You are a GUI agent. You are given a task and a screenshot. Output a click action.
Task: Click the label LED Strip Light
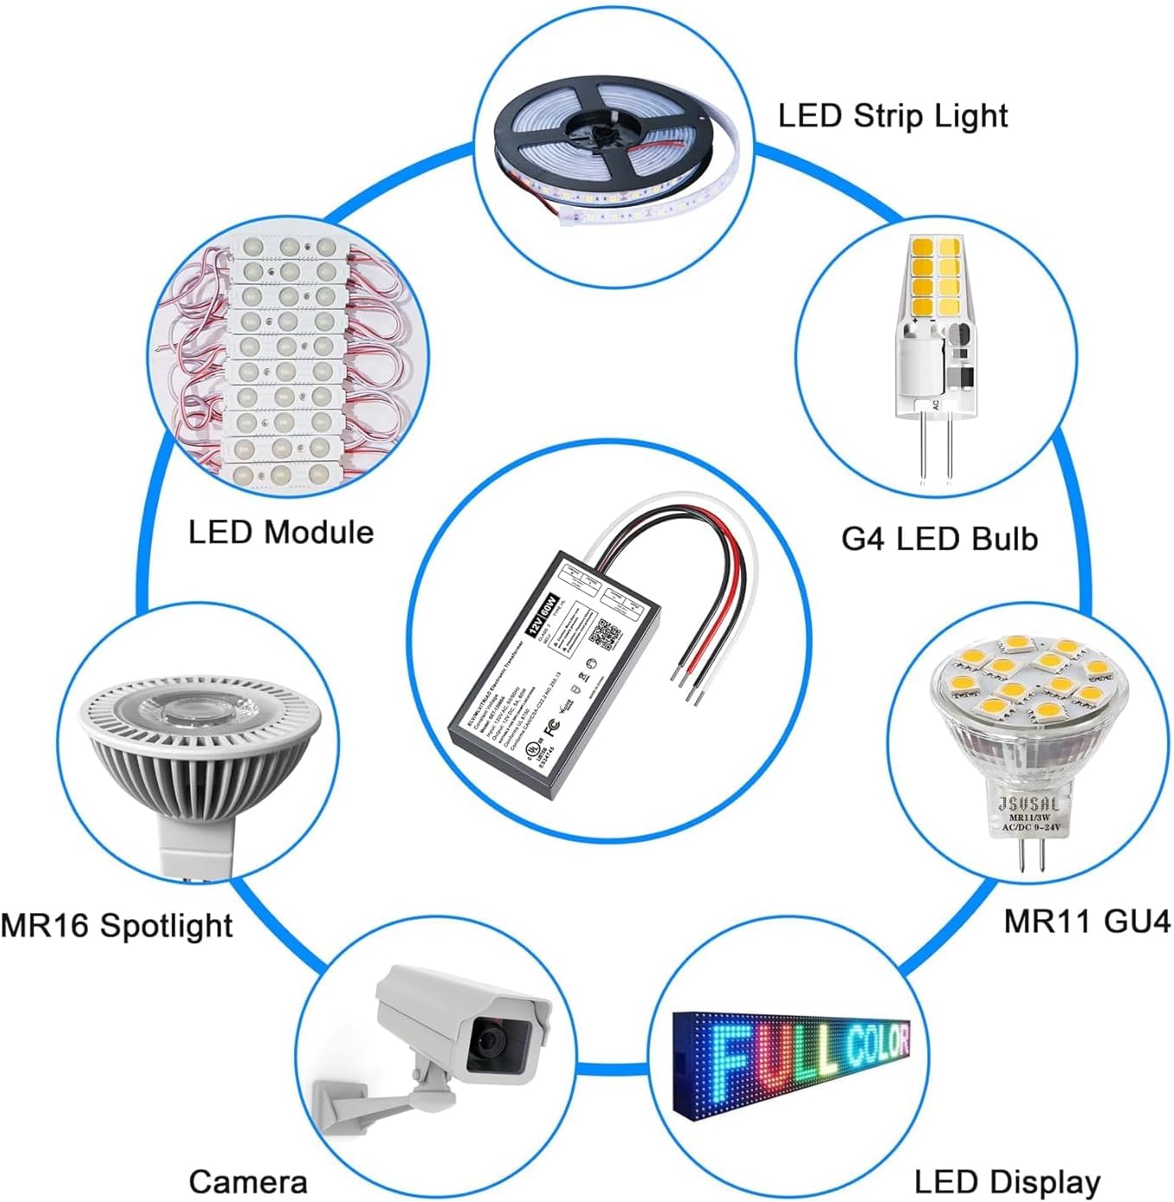892,116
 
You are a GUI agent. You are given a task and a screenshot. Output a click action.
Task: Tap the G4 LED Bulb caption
939,539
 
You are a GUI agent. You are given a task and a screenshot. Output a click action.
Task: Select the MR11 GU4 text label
1086,921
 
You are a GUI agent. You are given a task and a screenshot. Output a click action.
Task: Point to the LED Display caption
1007,1181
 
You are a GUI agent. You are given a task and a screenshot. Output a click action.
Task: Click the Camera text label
248,1181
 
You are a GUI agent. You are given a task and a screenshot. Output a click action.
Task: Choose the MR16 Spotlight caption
116,925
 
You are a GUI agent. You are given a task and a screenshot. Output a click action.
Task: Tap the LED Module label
280,532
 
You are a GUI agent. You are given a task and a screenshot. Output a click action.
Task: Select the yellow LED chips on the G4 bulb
935,276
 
